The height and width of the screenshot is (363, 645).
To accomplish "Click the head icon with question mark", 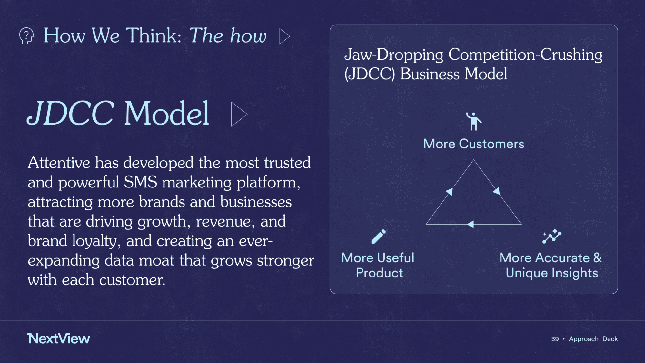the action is pyautogui.click(x=26, y=35).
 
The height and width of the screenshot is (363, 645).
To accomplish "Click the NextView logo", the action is pyautogui.click(x=58, y=338).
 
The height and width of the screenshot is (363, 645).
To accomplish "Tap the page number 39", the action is pyautogui.click(x=555, y=339).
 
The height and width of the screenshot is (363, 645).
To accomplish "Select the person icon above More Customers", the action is pyautogui.click(x=473, y=121).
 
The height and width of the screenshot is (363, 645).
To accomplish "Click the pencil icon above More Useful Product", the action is pyautogui.click(x=378, y=237).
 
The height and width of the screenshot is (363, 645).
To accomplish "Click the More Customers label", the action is pyautogui.click(x=473, y=144).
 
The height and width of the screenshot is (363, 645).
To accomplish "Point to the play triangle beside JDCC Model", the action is pyautogui.click(x=239, y=114).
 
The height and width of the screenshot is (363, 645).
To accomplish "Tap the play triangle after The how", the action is pyautogui.click(x=284, y=36).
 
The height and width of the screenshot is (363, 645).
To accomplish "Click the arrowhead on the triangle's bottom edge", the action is pyautogui.click(x=470, y=224).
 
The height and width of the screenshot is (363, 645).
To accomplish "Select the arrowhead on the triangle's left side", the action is pyautogui.click(x=449, y=192).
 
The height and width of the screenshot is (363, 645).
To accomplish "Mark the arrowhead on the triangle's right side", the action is pyautogui.click(x=497, y=191).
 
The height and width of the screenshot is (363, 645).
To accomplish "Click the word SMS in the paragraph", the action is pyautogui.click(x=141, y=182).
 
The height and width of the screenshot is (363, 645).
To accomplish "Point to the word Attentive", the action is pyautogui.click(x=59, y=163).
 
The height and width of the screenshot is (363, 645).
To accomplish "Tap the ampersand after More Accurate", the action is pyautogui.click(x=597, y=258).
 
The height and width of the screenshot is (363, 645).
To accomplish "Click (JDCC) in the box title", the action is pyautogui.click(x=370, y=74).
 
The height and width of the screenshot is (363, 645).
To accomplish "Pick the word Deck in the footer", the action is pyautogui.click(x=610, y=339).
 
